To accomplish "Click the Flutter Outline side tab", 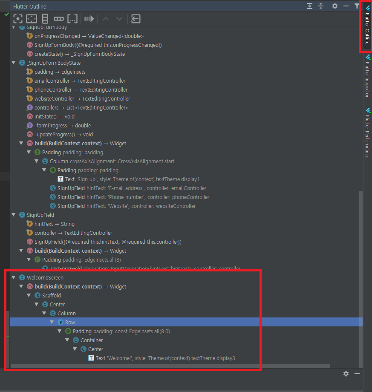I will pyautogui.click(x=367, y=28).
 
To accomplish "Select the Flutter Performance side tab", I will pyautogui.click(x=367, y=132).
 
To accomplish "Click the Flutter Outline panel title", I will pyautogui.click(x=29, y=6).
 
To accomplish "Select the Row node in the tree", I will pyautogui.click(x=70, y=322).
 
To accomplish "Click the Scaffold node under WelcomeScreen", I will pyautogui.click(x=51, y=295).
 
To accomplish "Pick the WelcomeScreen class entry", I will pyautogui.click(x=45, y=277).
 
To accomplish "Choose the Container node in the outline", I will pyautogui.click(x=91, y=340).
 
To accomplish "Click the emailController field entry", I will pyautogui.click(x=80, y=81).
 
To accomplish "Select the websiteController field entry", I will pyautogui.click(x=82, y=98).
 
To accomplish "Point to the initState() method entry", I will pyautogui.click(x=54, y=116).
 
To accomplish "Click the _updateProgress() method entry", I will pyautogui.click(x=63, y=134).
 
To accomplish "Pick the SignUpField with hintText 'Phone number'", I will pyautogui.click(x=133, y=197).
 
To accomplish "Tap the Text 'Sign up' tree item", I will pyautogui.click(x=132, y=179).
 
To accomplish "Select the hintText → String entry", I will pyautogui.click(x=54, y=224).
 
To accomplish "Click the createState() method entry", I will pyautogui.click(x=79, y=54).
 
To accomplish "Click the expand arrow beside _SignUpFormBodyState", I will pyautogui.click(x=14, y=63).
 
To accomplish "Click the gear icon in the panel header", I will pyautogui.click(x=335, y=6).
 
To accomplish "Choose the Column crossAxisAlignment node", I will pyautogui.click(x=112, y=161).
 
